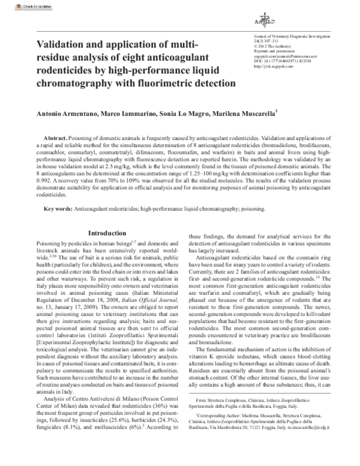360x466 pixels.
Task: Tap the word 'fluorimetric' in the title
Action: point(157,82)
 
